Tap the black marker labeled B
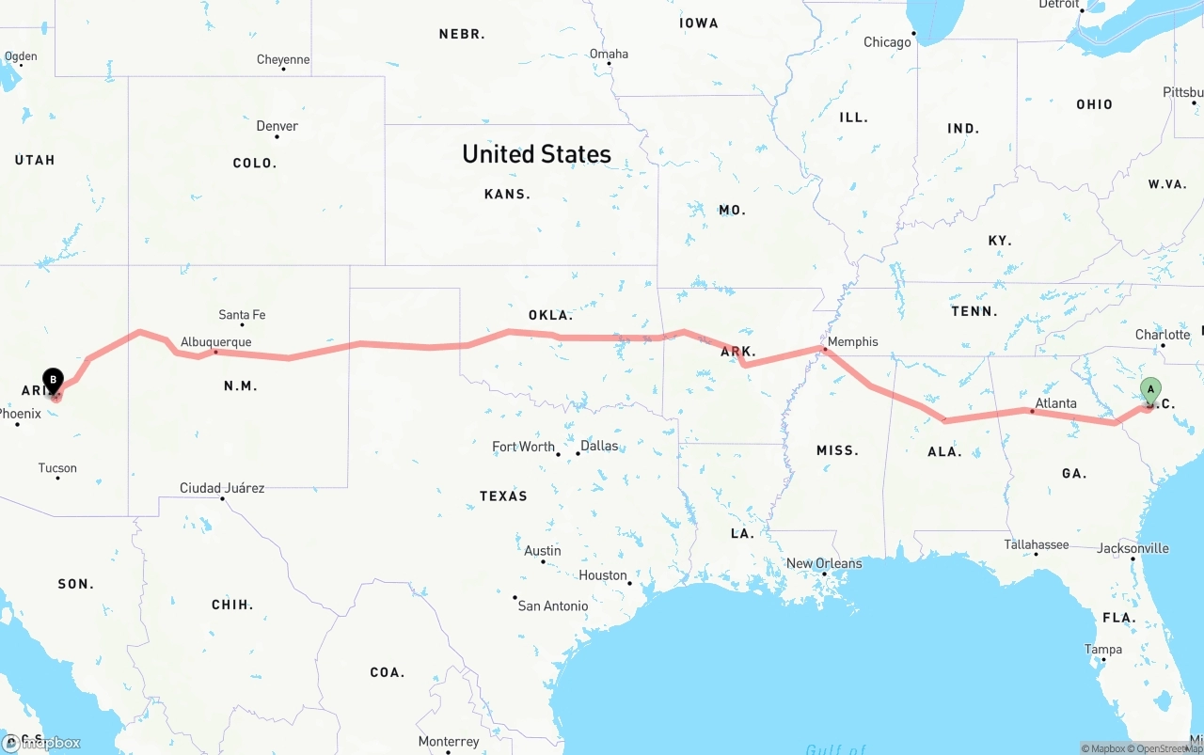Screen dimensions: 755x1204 point(54,381)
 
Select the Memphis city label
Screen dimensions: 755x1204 point(852,341)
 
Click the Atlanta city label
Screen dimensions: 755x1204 point(1055,403)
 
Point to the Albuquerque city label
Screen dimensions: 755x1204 point(215,341)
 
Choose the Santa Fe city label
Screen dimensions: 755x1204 point(242,314)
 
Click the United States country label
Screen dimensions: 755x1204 point(536,154)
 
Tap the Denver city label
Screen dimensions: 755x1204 point(277,126)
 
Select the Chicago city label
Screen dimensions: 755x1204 point(887,41)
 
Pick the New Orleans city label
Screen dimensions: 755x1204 point(824,563)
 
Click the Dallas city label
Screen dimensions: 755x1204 point(599,445)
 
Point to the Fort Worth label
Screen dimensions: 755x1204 point(523,447)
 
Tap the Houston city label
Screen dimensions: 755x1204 point(603,574)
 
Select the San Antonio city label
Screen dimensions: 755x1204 point(553,606)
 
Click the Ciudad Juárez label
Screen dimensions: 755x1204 point(222,488)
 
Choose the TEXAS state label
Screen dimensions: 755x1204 point(503,495)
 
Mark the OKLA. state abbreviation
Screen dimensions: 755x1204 point(550,315)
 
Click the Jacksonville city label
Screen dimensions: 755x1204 point(1133,548)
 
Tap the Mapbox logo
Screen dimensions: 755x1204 point(41,743)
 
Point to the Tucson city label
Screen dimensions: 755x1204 point(57,467)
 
